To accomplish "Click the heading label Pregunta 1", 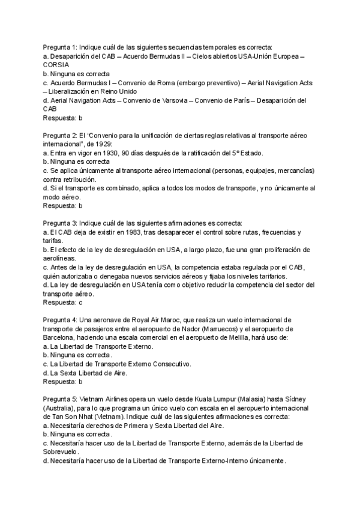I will (60, 46).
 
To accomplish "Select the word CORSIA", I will (56, 64).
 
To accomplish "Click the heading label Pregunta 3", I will (60, 223).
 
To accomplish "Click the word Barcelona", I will (61, 338).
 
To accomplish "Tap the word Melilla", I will (213, 338).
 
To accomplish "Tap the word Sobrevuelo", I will (63, 452).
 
